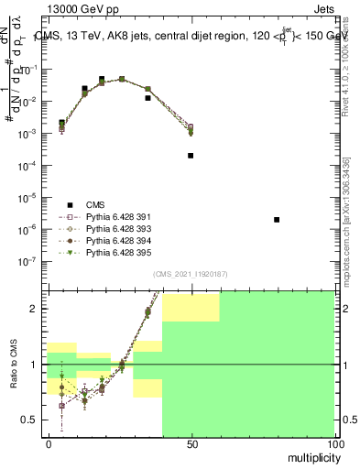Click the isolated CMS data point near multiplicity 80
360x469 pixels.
[277, 220]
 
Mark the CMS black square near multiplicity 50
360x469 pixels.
[191, 156]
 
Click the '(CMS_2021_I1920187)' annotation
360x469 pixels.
[191, 274]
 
